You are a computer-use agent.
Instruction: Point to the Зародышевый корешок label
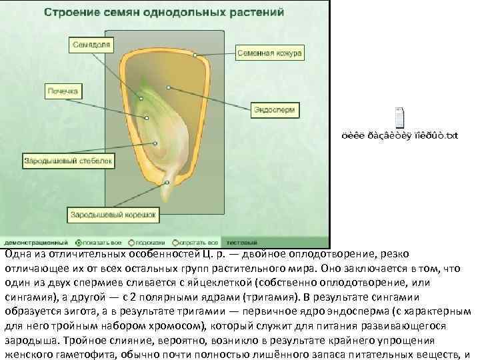tap(114, 215)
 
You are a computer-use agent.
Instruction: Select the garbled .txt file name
tap(400, 136)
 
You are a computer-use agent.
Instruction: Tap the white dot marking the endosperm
tap(169, 87)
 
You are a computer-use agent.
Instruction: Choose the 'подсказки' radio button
tap(131, 243)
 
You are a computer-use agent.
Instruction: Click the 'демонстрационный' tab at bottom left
tap(37, 243)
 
